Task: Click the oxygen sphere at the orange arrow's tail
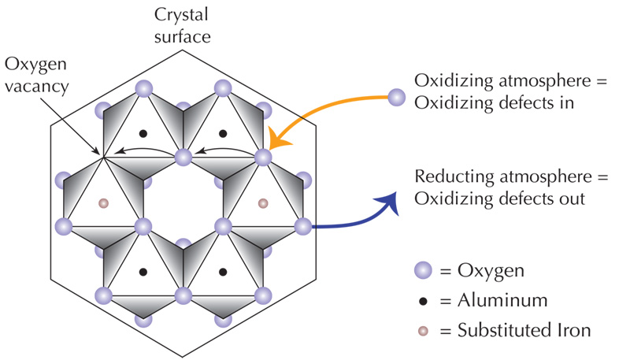point(396,98)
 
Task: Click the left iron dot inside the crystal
point(102,204)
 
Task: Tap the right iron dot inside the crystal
point(263,204)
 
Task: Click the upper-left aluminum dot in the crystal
point(143,133)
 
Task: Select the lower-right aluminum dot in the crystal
point(223,273)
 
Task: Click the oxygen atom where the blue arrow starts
point(303,227)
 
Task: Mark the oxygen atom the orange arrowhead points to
point(263,157)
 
